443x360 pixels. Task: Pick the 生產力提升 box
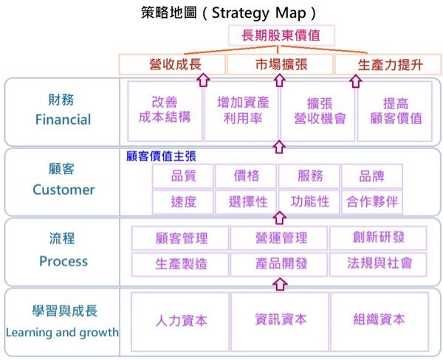pos(389,64)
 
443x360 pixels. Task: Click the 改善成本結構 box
pos(164,110)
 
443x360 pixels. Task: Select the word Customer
pos(63,190)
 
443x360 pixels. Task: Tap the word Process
pos(63,261)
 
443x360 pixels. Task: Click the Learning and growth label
pos(62,332)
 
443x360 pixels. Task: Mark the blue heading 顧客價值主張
pos(161,156)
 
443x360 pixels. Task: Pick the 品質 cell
pos(183,176)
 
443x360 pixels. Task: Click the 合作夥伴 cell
pos(372,201)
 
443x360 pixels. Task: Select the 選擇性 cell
pos(246,201)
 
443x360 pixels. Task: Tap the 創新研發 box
pos(379,238)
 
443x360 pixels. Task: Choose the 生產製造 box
pos(181,263)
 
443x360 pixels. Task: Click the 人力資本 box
pos(180,320)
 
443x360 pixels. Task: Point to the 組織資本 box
pos(379,320)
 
